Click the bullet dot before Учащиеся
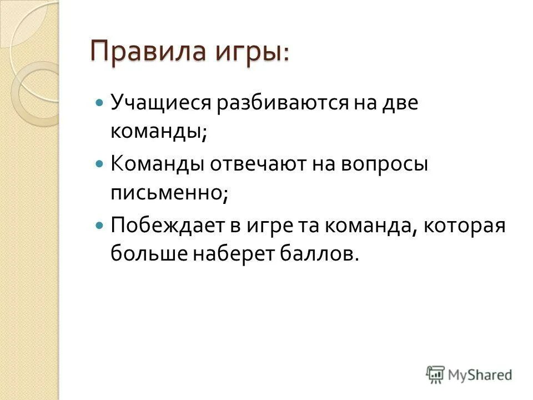pos(99,103)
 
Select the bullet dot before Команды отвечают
pos(99,164)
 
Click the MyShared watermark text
pos(481,374)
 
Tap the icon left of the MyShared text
pos(436,374)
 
